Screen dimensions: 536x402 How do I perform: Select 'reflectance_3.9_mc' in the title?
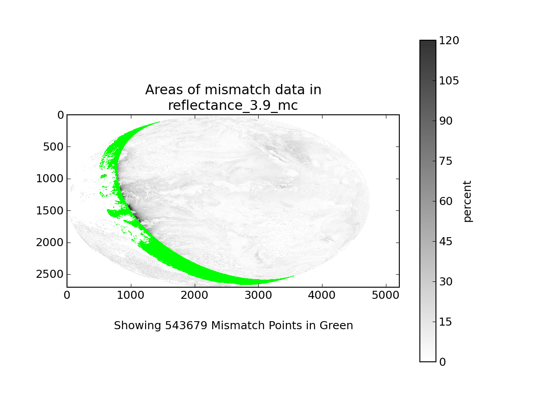click(233, 105)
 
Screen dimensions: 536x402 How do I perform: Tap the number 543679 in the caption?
click(186, 325)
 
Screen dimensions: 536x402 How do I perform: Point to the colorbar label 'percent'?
click(468, 201)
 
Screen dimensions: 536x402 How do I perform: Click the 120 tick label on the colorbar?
click(449, 40)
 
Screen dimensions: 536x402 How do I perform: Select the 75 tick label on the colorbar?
click(446, 161)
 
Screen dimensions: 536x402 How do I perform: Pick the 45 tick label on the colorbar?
click(446, 241)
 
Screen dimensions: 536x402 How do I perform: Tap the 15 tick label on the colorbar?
click(446, 322)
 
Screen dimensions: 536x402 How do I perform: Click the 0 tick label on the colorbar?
click(443, 362)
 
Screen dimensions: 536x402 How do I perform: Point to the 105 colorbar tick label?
click(449, 80)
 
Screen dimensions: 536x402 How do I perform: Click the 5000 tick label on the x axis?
click(385, 295)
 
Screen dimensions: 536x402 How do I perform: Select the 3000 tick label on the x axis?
click(258, 295)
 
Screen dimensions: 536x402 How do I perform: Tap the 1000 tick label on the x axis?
click(130, 295)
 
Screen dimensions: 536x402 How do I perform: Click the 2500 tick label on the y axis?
click(50, 274)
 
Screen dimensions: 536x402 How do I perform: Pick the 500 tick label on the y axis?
click(53, 147)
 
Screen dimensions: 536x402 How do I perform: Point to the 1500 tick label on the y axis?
click(50, 211)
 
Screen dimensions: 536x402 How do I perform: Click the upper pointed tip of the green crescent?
click(160, 121)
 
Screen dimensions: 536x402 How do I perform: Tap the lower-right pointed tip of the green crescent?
click(294, 276)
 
